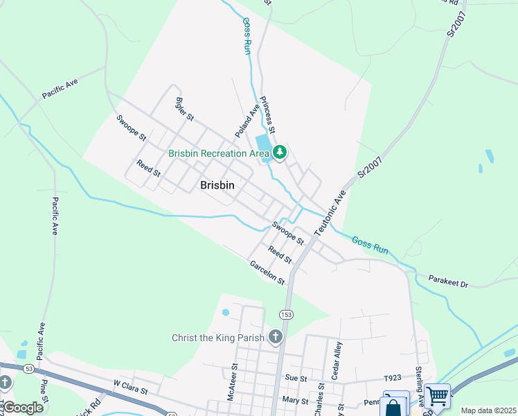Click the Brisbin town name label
click(x=217, y=185)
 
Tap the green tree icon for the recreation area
click(x=279, y=152)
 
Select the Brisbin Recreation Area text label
click(x=218, y=153)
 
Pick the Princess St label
click(x=269, y=115)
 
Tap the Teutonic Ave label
click(x=330, y=214)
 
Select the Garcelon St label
click(x=267, y=272)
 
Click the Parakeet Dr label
click(x=447, y=284)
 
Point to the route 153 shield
click(x=287, y=315)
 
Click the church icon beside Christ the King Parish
click(x=276, y=338)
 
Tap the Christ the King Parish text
click(x=218, y=338)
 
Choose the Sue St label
click(x=295, y=379)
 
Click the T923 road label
click(x=393, y=379)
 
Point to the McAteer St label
click(x=233, y=383)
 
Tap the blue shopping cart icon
click(x=438, y=397)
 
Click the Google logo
click(x=22, y=408)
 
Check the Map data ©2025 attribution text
click(x=488, y=410)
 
